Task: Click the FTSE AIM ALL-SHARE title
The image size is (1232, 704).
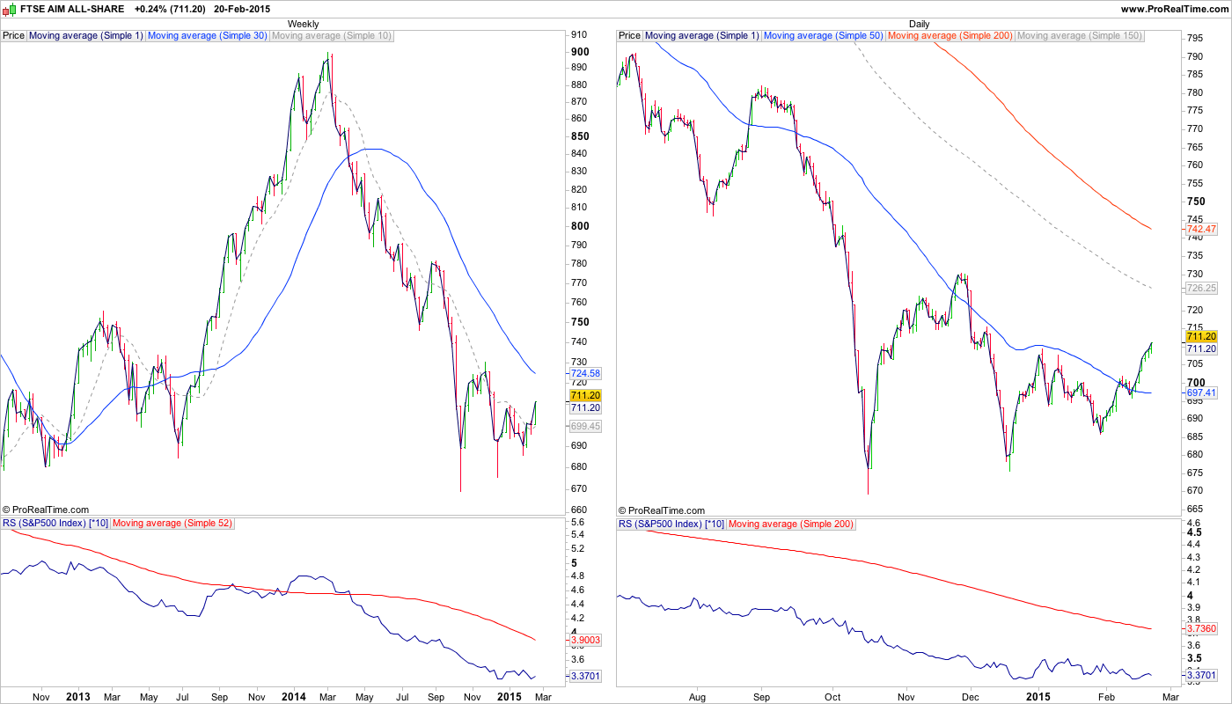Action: click(71, 8)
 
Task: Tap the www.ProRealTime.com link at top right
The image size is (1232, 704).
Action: click(1174, 8)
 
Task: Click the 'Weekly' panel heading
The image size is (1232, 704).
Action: click(304, 24)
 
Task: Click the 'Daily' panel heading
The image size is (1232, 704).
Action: click(919, 24)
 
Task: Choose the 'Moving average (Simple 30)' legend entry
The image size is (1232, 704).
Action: click(207, 36)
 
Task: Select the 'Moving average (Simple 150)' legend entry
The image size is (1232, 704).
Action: click(1079, 36)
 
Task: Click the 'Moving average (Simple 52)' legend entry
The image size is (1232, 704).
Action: click(172, 524)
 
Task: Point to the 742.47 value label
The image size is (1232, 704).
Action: click(1201, 229)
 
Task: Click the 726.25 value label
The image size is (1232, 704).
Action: click(1201, 288)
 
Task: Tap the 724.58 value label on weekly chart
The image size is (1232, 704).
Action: click(584, 373)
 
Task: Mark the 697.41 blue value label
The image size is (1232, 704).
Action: click(1201, 392)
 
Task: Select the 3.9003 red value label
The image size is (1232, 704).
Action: click(584, 640)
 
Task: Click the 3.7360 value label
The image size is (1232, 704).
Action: click(1201, 628)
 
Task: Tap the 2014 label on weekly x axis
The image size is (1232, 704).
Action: click(293, 697)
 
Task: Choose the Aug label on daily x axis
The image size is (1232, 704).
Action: click(698, 697)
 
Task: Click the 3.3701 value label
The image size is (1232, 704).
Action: click(584, 676)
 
